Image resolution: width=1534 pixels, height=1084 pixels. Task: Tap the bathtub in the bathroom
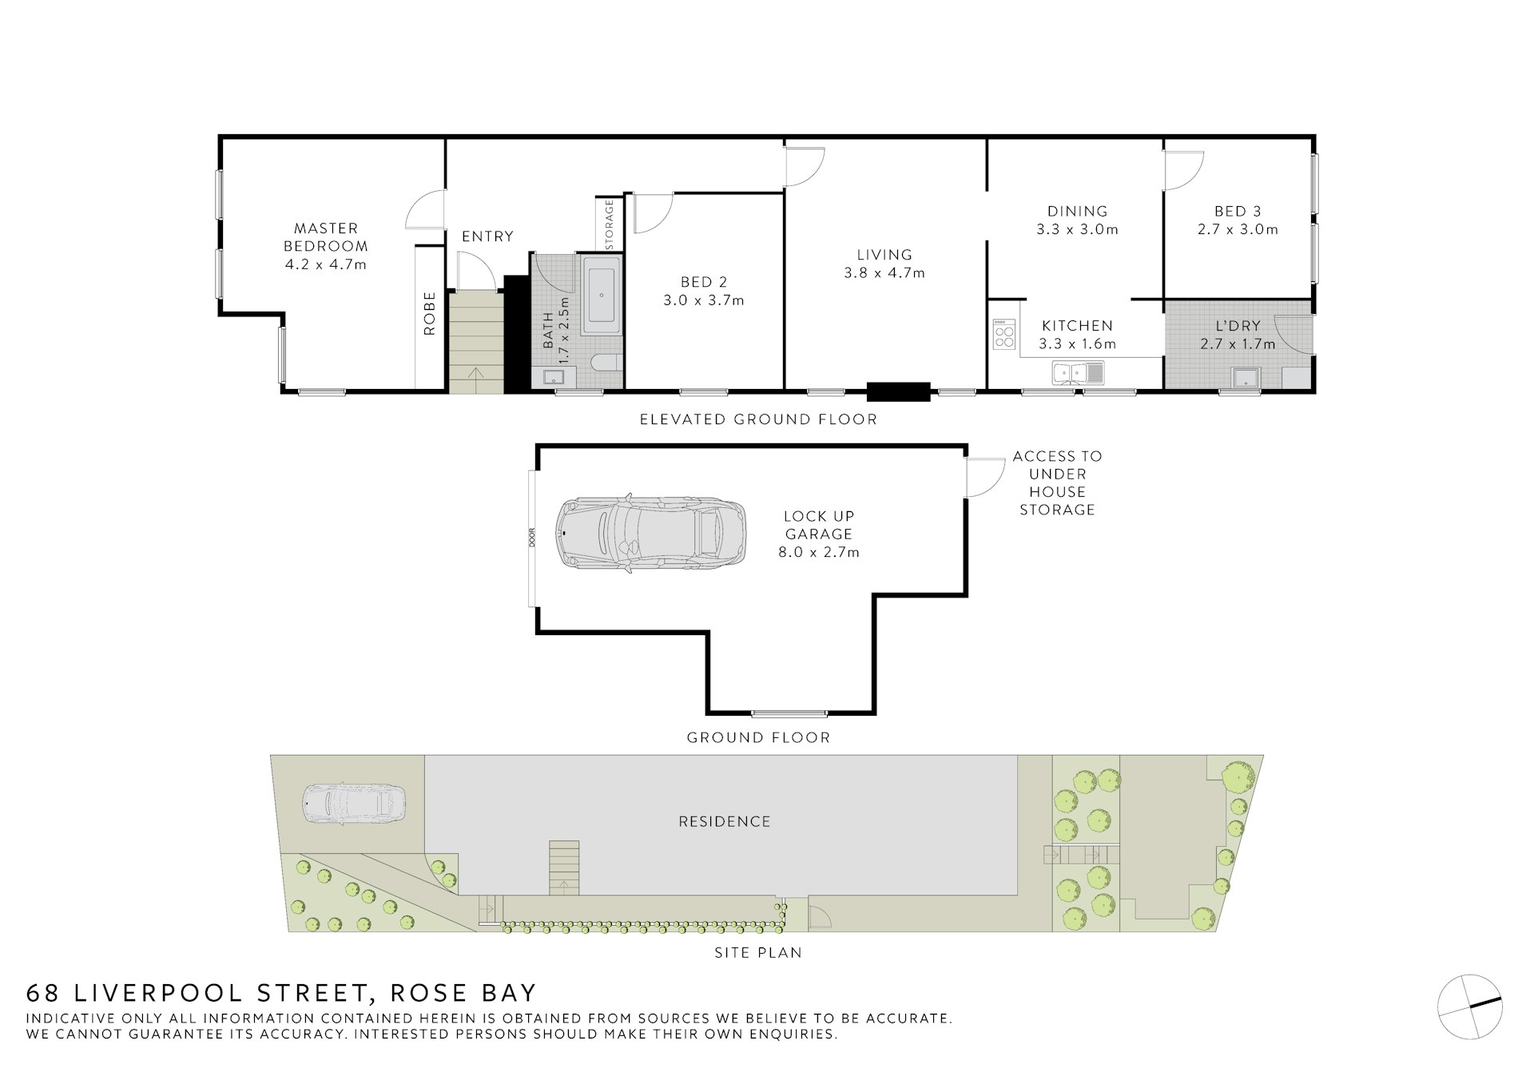click(x=602, y=296)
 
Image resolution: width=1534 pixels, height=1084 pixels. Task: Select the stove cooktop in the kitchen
click(x=1003, y=334)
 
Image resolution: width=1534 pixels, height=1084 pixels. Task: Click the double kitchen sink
click(x=1078, y=372)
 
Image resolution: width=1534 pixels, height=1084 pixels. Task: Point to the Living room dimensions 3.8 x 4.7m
click(x=884, y=273)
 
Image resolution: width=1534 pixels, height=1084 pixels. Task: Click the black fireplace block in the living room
click(x=899, y=391)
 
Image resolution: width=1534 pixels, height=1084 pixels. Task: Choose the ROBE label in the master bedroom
click(x=430, y=313)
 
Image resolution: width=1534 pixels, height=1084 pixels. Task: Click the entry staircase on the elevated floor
click(x=476, y=342)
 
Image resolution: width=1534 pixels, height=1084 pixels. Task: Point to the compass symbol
click(x=1470, y=1007)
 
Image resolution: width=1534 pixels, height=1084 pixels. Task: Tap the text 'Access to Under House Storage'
click(x=1057, y=482)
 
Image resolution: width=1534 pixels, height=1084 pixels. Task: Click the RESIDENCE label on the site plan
click(x=725, y=821)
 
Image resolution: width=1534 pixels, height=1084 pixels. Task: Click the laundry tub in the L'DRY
click(x=1246, y=378)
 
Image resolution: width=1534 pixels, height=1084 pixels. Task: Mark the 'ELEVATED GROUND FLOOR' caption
click(x=758, y=419)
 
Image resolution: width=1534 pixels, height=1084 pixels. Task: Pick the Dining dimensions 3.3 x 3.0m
click(x=1077, y=229)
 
